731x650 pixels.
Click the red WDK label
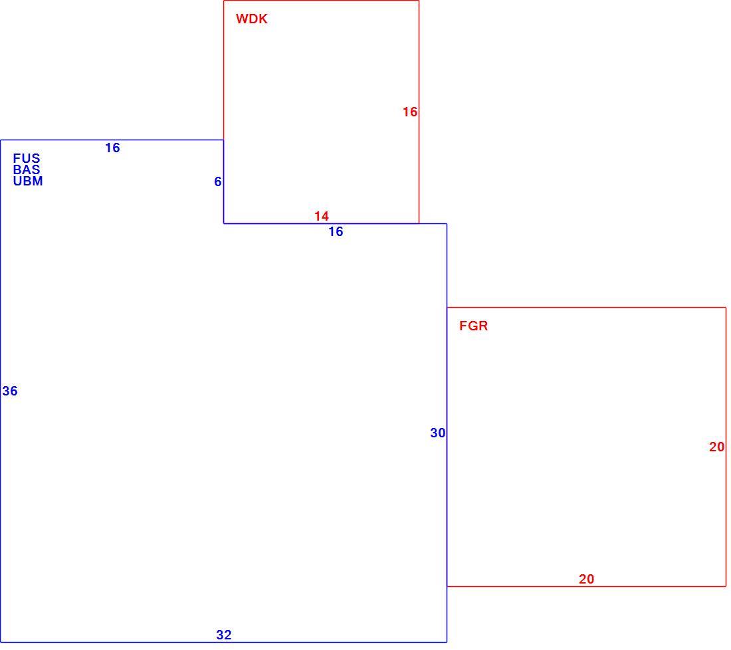point(252,19)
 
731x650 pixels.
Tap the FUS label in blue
point(27,159)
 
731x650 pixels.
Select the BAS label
point(27,169)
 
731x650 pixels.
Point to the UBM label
point(28,181)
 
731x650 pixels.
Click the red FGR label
point(474,326)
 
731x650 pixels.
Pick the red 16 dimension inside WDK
point(410,112)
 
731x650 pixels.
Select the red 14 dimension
point(321,217)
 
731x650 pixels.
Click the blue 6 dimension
point(218,182)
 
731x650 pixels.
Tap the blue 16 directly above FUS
point(112,148)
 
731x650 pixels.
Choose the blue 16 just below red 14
point(336,232)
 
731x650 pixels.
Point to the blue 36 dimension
point(10,391)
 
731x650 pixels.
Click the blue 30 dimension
point(438,433)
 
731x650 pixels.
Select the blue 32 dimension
point(224,635)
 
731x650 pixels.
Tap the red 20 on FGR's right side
point(717,447)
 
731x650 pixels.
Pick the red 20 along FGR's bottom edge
point(587,579)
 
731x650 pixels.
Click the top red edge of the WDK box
point(321,1)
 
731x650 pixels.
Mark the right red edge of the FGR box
point(726,447)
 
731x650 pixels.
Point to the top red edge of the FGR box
point(587,307)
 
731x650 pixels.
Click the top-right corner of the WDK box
point(419,1)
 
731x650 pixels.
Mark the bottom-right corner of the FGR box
point(726,586)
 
